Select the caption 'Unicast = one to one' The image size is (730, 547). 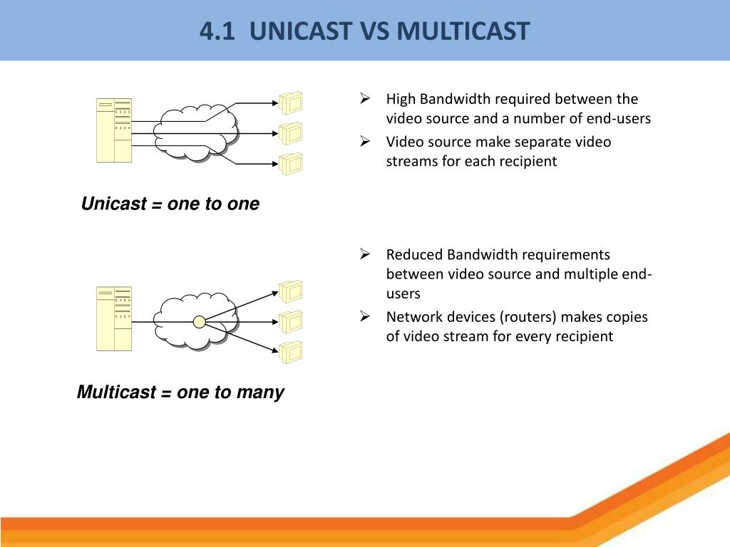tap(170, 204)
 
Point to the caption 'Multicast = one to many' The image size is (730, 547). tap(180, 392)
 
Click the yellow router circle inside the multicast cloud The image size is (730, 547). tap(200, 322)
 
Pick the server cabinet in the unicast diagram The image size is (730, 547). tap(114, 130)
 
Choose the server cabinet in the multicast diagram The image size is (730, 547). tap(114, 318)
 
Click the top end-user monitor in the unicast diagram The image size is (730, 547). tap(291, 103)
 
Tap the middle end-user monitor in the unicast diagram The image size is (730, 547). tap(291, 134)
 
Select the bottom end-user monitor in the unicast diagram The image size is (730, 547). tap(291, 165)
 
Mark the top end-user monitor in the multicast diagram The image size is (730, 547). tap(291, 291)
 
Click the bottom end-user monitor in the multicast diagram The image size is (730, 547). tap(291, 353)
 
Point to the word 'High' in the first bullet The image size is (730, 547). tap(401, 99)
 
